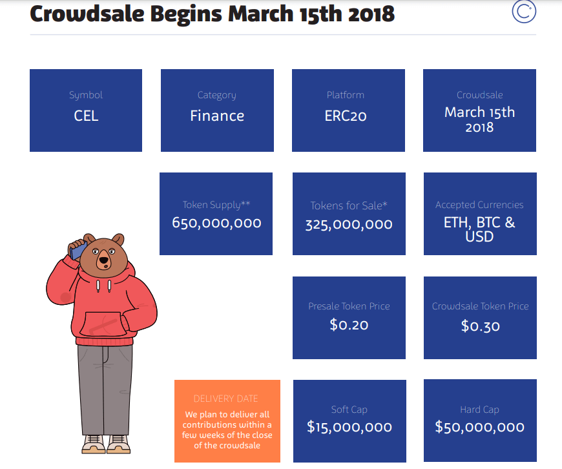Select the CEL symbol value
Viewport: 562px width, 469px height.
tap(86, 116)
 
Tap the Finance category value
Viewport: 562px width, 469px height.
tap(217, 116)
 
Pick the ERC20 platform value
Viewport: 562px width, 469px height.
tap(348, 116)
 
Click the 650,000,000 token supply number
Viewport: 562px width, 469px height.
tap(216, 224)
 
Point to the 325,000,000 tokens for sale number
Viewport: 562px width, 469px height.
tap(349, 225)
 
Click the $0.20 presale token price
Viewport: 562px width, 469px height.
tap(349, 325)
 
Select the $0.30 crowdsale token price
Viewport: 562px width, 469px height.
tap(480, 326)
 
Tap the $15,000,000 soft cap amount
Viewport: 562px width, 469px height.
tap(349, 427)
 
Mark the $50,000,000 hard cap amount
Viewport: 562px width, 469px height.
tap(479, 427)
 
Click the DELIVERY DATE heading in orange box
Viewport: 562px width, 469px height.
tap(226, 399)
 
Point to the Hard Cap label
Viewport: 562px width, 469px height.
tap(479, 410)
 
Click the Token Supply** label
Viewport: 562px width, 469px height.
tap(216, 205)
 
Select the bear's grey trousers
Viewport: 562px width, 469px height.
tap(105, 388)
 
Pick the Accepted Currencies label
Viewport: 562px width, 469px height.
tap(479, 205)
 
